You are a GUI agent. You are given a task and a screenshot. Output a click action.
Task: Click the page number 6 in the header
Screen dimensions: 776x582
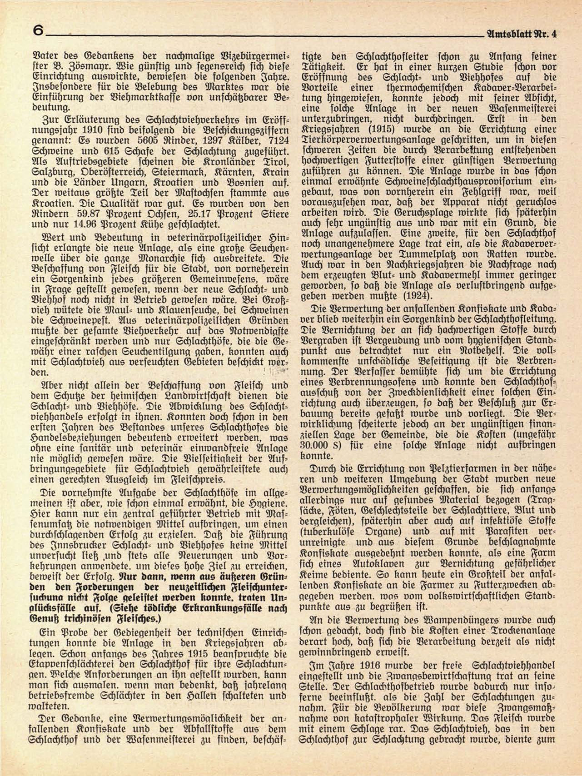click(x=38, y=31)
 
